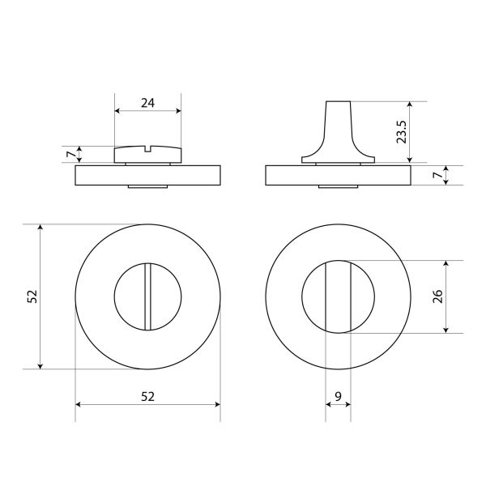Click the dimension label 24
[x=147, y=103]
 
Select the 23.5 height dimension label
[x=402, y=132]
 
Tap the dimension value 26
[x=438, y=296]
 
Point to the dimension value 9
[x=338, y=396]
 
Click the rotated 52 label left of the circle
[x=32, y=296]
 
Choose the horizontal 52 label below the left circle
[x=147, y=396]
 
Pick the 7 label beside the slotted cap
[x=71, y=154]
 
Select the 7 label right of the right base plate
[x=437, y=175]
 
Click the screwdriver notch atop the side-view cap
[x=147, y=149]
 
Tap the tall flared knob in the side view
[x=338, y=132]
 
